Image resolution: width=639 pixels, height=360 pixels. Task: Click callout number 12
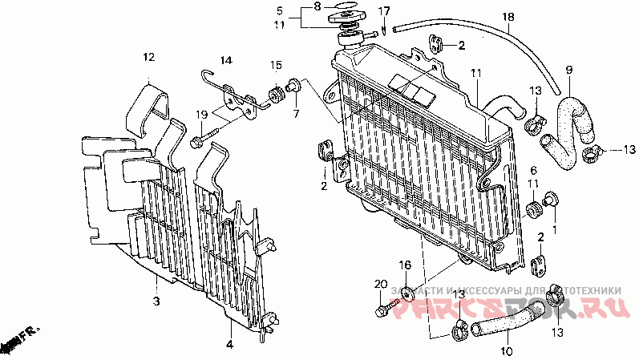(148, 57)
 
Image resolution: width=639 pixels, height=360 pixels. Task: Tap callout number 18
(508, 17)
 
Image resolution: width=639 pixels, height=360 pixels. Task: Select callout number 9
(569, 70)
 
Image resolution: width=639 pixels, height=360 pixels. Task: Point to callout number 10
(506, 351)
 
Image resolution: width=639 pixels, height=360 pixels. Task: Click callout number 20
(380, 284)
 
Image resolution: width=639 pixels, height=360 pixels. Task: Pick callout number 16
(406, 265)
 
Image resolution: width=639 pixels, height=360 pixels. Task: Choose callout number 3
(156, 301)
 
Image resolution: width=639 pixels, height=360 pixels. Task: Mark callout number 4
(229, 346)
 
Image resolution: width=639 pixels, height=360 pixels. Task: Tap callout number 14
(226, 61)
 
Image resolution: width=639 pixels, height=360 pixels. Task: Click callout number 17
(384, 11)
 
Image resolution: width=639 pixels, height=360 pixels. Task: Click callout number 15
(275, 65)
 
